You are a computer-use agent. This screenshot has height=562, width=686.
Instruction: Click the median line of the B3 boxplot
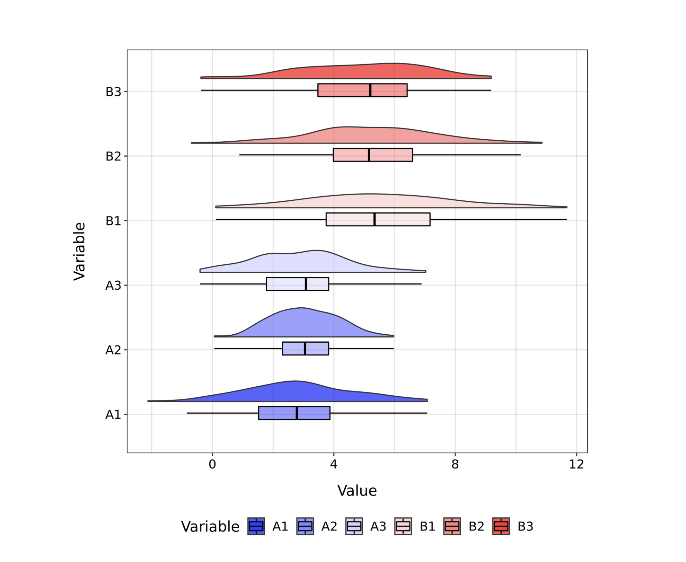(x=370, y=90)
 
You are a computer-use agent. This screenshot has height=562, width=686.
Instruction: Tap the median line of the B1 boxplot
(x=374, y=219)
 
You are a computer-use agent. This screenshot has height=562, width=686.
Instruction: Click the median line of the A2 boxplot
(x=305, y=348)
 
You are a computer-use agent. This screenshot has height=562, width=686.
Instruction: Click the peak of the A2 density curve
(x=301, y=308)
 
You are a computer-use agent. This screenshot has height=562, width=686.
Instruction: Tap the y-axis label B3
(x=113, y=92)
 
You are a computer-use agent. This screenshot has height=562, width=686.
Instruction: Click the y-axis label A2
(x=113, y=350)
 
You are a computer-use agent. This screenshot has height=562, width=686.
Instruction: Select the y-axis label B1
(x=113, y=221)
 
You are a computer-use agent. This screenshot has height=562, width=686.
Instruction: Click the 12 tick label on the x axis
(x=576, y=465)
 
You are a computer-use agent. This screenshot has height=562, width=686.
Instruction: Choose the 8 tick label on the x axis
(x=455, y=465)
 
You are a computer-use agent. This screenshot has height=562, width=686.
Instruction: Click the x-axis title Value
(x=357, y=491)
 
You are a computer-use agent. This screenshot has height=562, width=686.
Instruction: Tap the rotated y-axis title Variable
(x=79, y=251)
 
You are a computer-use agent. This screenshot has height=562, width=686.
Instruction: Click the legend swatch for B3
(x=500, y=526)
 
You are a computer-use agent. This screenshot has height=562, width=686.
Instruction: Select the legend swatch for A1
(x=256, y=526)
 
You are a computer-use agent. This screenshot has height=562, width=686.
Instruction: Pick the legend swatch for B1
(x=403, y=526)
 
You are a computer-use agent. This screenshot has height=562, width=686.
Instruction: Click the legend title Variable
(x=210, y=527)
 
